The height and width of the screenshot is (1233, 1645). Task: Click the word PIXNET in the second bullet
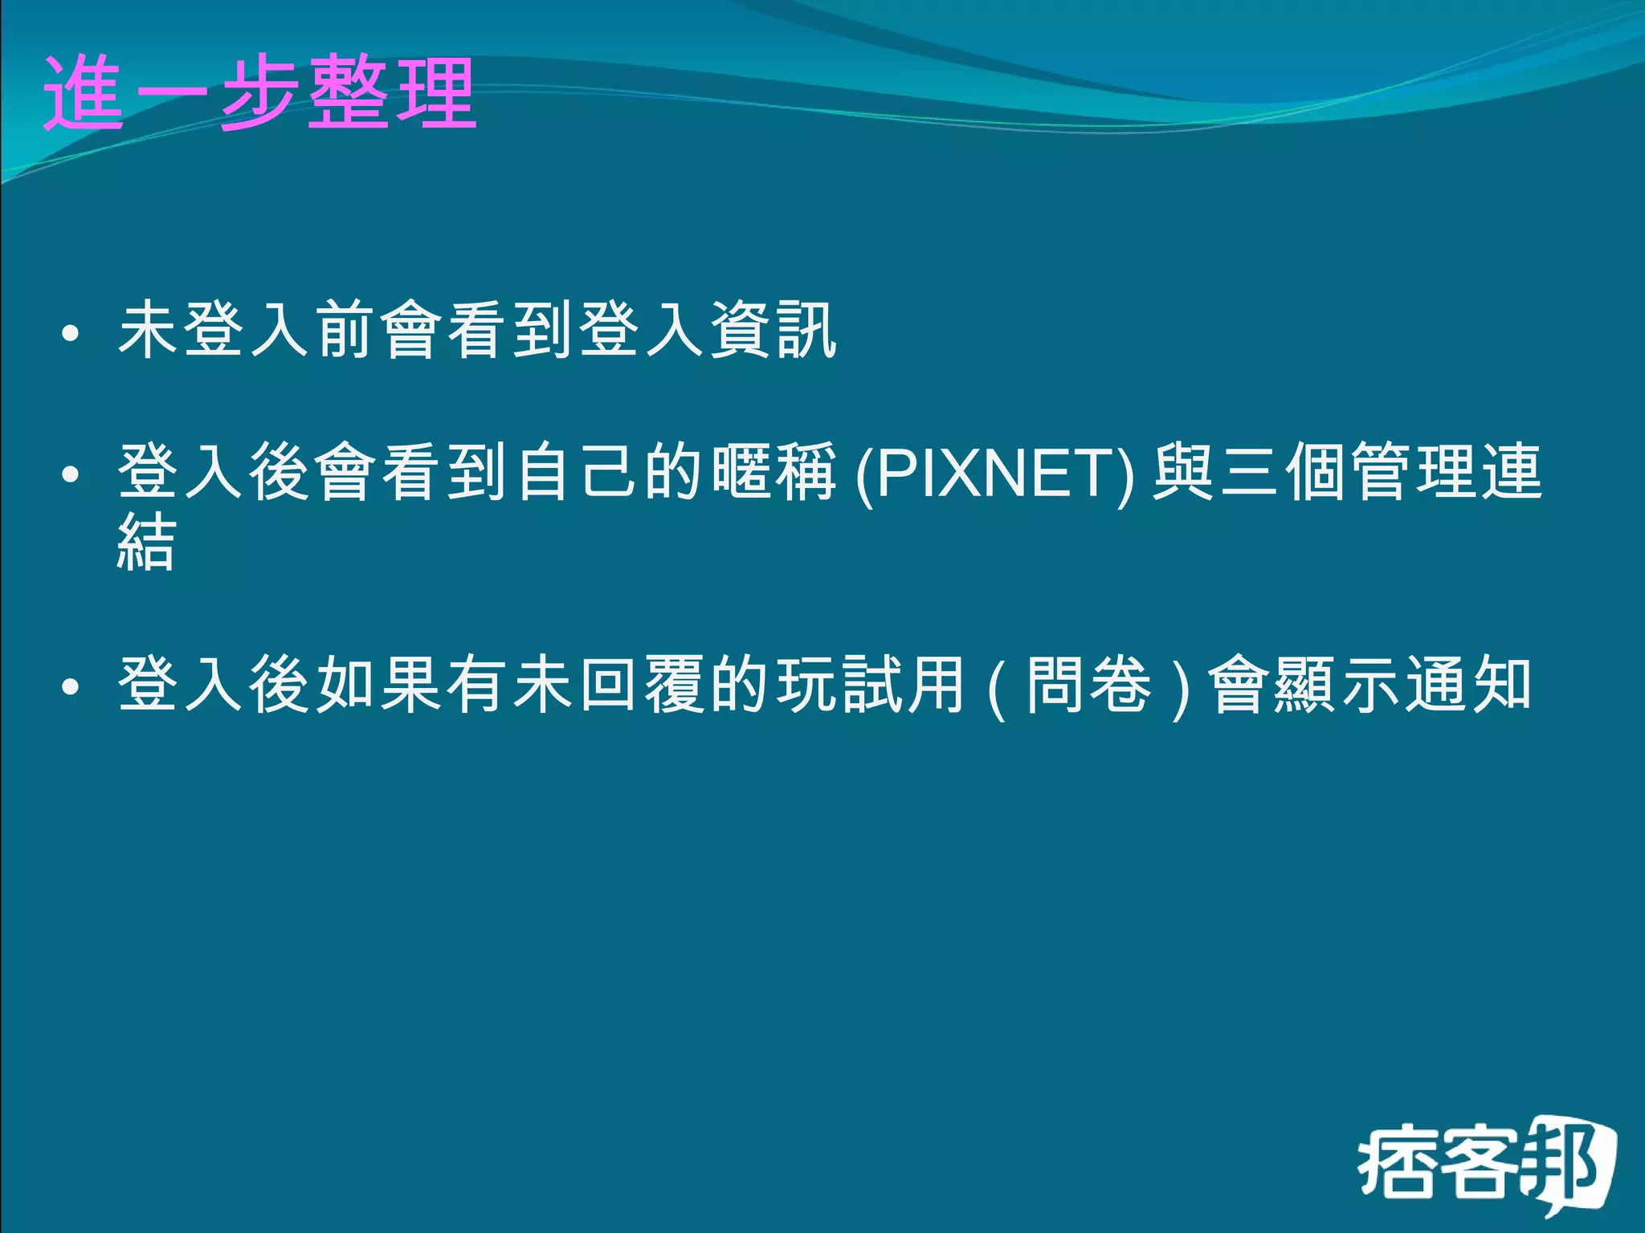pyautogui.click(x=994, y=474)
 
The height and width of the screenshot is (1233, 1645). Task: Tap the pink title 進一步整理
pyautogui.click(x=259, y=93)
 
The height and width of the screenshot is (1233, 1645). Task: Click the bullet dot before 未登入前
pyautogui.click(x=71, y=333)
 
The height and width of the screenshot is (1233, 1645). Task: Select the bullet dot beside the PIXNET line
pyautogui.click(x=71, y=474)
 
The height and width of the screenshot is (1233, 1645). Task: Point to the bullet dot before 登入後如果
pyautogui.click(x=71, y=686)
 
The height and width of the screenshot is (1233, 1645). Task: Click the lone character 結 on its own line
pyautogui.click(x=146, y=543)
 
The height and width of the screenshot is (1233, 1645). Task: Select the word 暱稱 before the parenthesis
pyautogui.click(x=774, y=472)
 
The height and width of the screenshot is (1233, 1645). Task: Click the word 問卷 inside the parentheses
pyautogui.click(x=1088, y=685)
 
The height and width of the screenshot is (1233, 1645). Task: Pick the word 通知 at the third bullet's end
pyautogui.click(x=1468, y=685)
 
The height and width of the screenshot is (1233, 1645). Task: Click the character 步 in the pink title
pyautogui.click(x=259, y=93)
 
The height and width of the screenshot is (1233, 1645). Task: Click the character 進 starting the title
pyautogui.click(x=84, y=93)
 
